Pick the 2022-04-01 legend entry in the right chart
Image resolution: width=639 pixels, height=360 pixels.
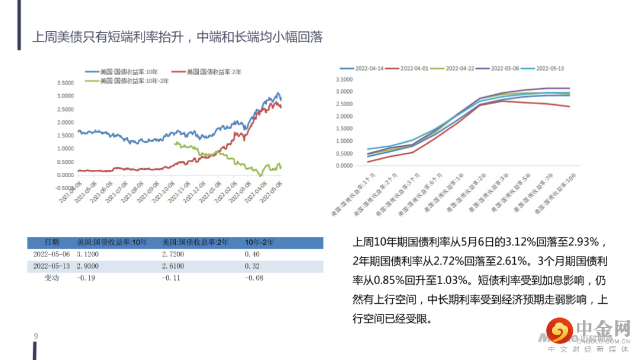point(414,69)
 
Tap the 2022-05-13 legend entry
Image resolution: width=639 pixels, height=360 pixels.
point(550,69)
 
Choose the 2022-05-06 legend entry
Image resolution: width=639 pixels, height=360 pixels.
point(505,69)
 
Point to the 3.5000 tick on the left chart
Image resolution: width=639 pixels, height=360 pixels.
point(65,82)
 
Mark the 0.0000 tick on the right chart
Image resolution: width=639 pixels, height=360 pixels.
point(345,166)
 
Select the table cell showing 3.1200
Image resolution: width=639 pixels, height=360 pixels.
point(88,255)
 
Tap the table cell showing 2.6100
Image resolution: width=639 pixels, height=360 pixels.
point(173,266)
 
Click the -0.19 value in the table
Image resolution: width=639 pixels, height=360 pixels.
point(87,278)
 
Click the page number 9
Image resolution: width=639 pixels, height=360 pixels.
point(35,337)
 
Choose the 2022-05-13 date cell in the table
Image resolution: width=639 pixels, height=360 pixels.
point(51,266)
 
